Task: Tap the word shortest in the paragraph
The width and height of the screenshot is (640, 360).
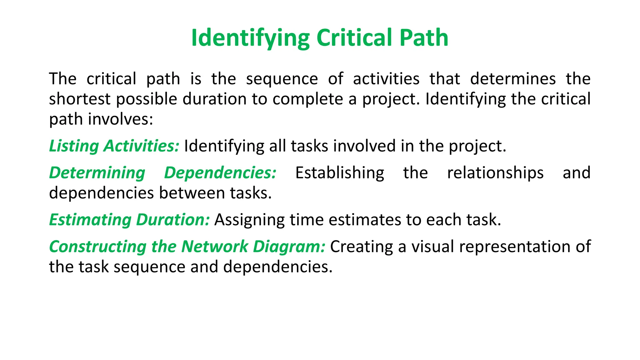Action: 80,99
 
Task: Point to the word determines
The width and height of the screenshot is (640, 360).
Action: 513,79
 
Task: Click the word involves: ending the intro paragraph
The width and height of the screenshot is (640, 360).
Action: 121,119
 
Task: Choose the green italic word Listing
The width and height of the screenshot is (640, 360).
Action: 74,146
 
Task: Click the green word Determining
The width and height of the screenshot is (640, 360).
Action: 97,173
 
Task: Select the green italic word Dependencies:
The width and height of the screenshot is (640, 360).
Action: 220,173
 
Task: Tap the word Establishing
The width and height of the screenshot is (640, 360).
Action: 340,173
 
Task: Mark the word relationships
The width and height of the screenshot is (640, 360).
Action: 495,173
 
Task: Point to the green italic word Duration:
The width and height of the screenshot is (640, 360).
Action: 173,220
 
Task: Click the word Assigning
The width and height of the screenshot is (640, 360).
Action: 249,220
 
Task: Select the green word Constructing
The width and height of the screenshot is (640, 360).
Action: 98,247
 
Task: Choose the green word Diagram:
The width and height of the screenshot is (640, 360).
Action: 289,247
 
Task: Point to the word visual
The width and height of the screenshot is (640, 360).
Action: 432,247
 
